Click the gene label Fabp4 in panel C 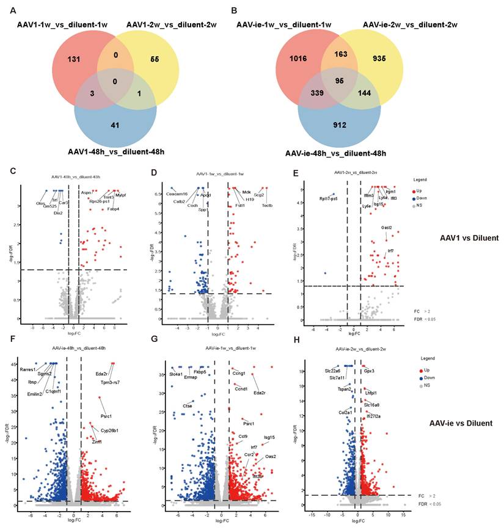click(113, 209)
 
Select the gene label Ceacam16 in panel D click(159, 194)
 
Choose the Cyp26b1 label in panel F click(110, 430)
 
